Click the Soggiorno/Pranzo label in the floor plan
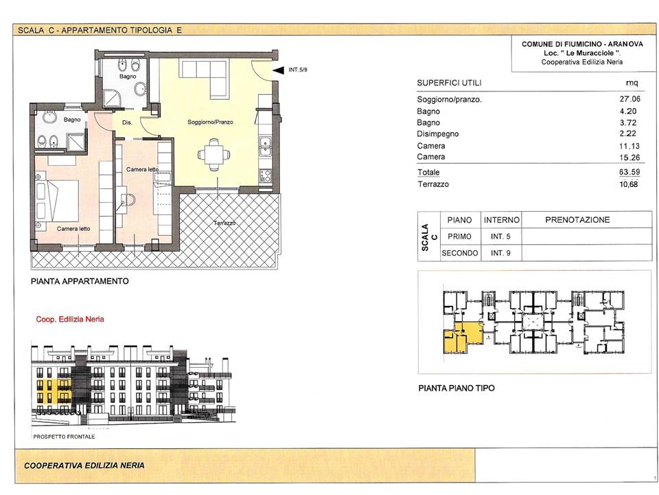pyautogui.click(x=210, y=122)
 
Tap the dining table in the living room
pyautogui.click(x=214, y=155)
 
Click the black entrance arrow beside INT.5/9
pyautogui.click(x=278, y=70)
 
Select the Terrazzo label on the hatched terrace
pyautogui.click(x=224, y=223)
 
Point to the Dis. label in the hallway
pyautogui.click(x=127, y=122)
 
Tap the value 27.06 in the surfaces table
pyautogui.click(x=629, y=99)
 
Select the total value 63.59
pyautogui.click(x=629, y=172)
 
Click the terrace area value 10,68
pyautogui.click(x=629, y=184)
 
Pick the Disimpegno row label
pyautogui.click(x=437, y=134)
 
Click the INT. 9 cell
pyautogui.click(x=500, y=253)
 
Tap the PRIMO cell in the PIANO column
pyautogui.click(x=459, y=236)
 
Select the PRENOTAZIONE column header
pyautogui.click(x=577, y=220)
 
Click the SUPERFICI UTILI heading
pyautogui.click(x=449, y=83)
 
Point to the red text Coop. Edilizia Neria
pyautogui.click(x=70, y=319)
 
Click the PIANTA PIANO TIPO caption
pyautogui.click(x=456, y=388)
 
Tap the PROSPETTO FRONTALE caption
pyautogui.click(x=64, y=437)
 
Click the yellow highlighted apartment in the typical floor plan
pyautogui.click(x=462, y=338)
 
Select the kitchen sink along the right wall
pyautogui.click(x=265, y=145)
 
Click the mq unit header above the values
pyautogui.click(x=632, y=83)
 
